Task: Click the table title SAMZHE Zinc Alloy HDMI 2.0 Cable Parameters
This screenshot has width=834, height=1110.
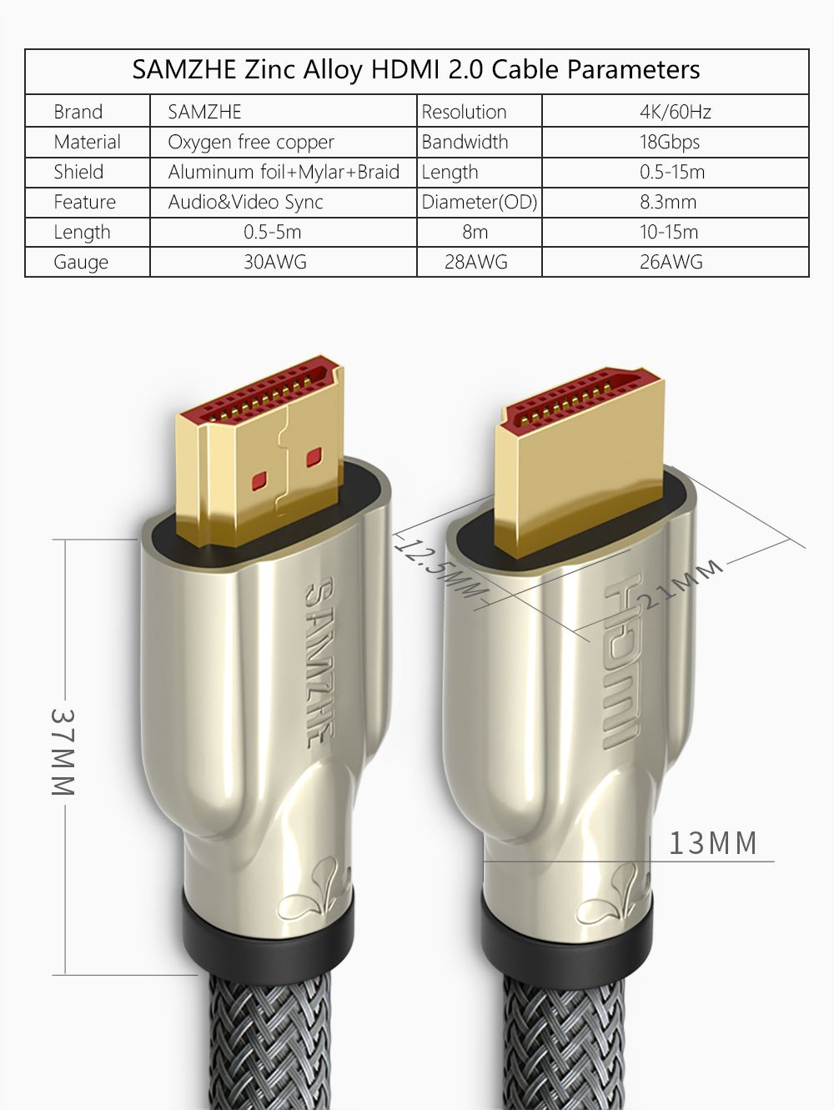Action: click(416, 70)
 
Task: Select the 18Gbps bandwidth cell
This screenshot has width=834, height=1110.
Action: click(670, 142)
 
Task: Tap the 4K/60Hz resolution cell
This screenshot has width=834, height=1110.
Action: click(676, 112)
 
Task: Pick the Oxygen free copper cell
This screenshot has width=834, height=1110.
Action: click(251, 142)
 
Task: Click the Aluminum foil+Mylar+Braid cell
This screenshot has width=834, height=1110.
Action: click(284, 172)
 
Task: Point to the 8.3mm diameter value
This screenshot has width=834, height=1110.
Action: click(668, 203)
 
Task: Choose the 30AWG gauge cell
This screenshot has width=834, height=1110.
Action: click(275, 262)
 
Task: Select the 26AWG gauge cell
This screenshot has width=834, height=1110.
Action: click(671, 262)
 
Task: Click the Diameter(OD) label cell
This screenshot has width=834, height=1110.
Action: click(480, 203)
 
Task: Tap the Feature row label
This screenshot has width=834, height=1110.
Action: click(84, 203)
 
